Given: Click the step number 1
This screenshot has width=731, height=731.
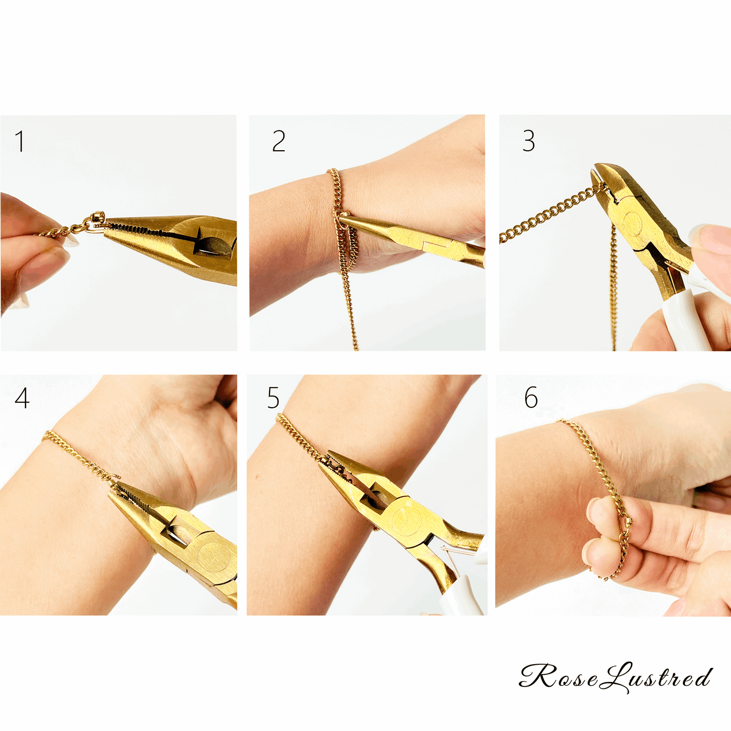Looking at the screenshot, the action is tap(20, 141).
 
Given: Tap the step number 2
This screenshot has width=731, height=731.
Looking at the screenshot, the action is tap(278, 141).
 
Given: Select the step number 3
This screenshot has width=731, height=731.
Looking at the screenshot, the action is tap(529, 141).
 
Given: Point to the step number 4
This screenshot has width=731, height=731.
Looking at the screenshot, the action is tap(22, 398).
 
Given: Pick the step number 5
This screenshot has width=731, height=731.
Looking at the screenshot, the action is tap(273, 398).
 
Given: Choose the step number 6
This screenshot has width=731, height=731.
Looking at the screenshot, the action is tap(531, 398).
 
